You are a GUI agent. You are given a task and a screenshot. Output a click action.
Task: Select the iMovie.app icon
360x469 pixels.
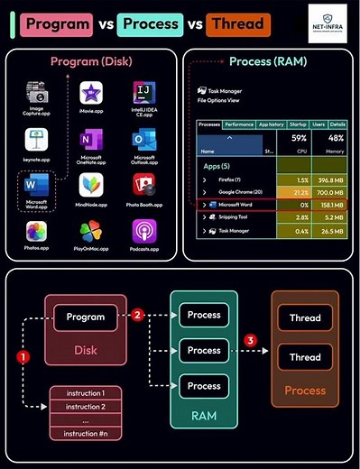(90, 93)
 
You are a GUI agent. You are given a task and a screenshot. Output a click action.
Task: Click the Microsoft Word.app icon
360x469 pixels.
(37, 187)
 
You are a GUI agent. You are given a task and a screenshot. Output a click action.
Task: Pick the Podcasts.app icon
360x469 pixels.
(143, 232)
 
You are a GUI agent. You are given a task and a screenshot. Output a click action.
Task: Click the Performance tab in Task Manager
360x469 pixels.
(239, 124)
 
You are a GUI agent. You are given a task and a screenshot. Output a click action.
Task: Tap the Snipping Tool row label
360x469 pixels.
(235, 217)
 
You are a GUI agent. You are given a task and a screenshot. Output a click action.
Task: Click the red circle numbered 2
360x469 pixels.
(138, 316)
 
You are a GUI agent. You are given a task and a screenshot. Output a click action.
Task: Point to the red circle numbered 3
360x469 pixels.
(252, 339)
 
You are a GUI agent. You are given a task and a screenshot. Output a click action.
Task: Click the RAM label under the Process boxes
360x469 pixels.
(204, 418)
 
